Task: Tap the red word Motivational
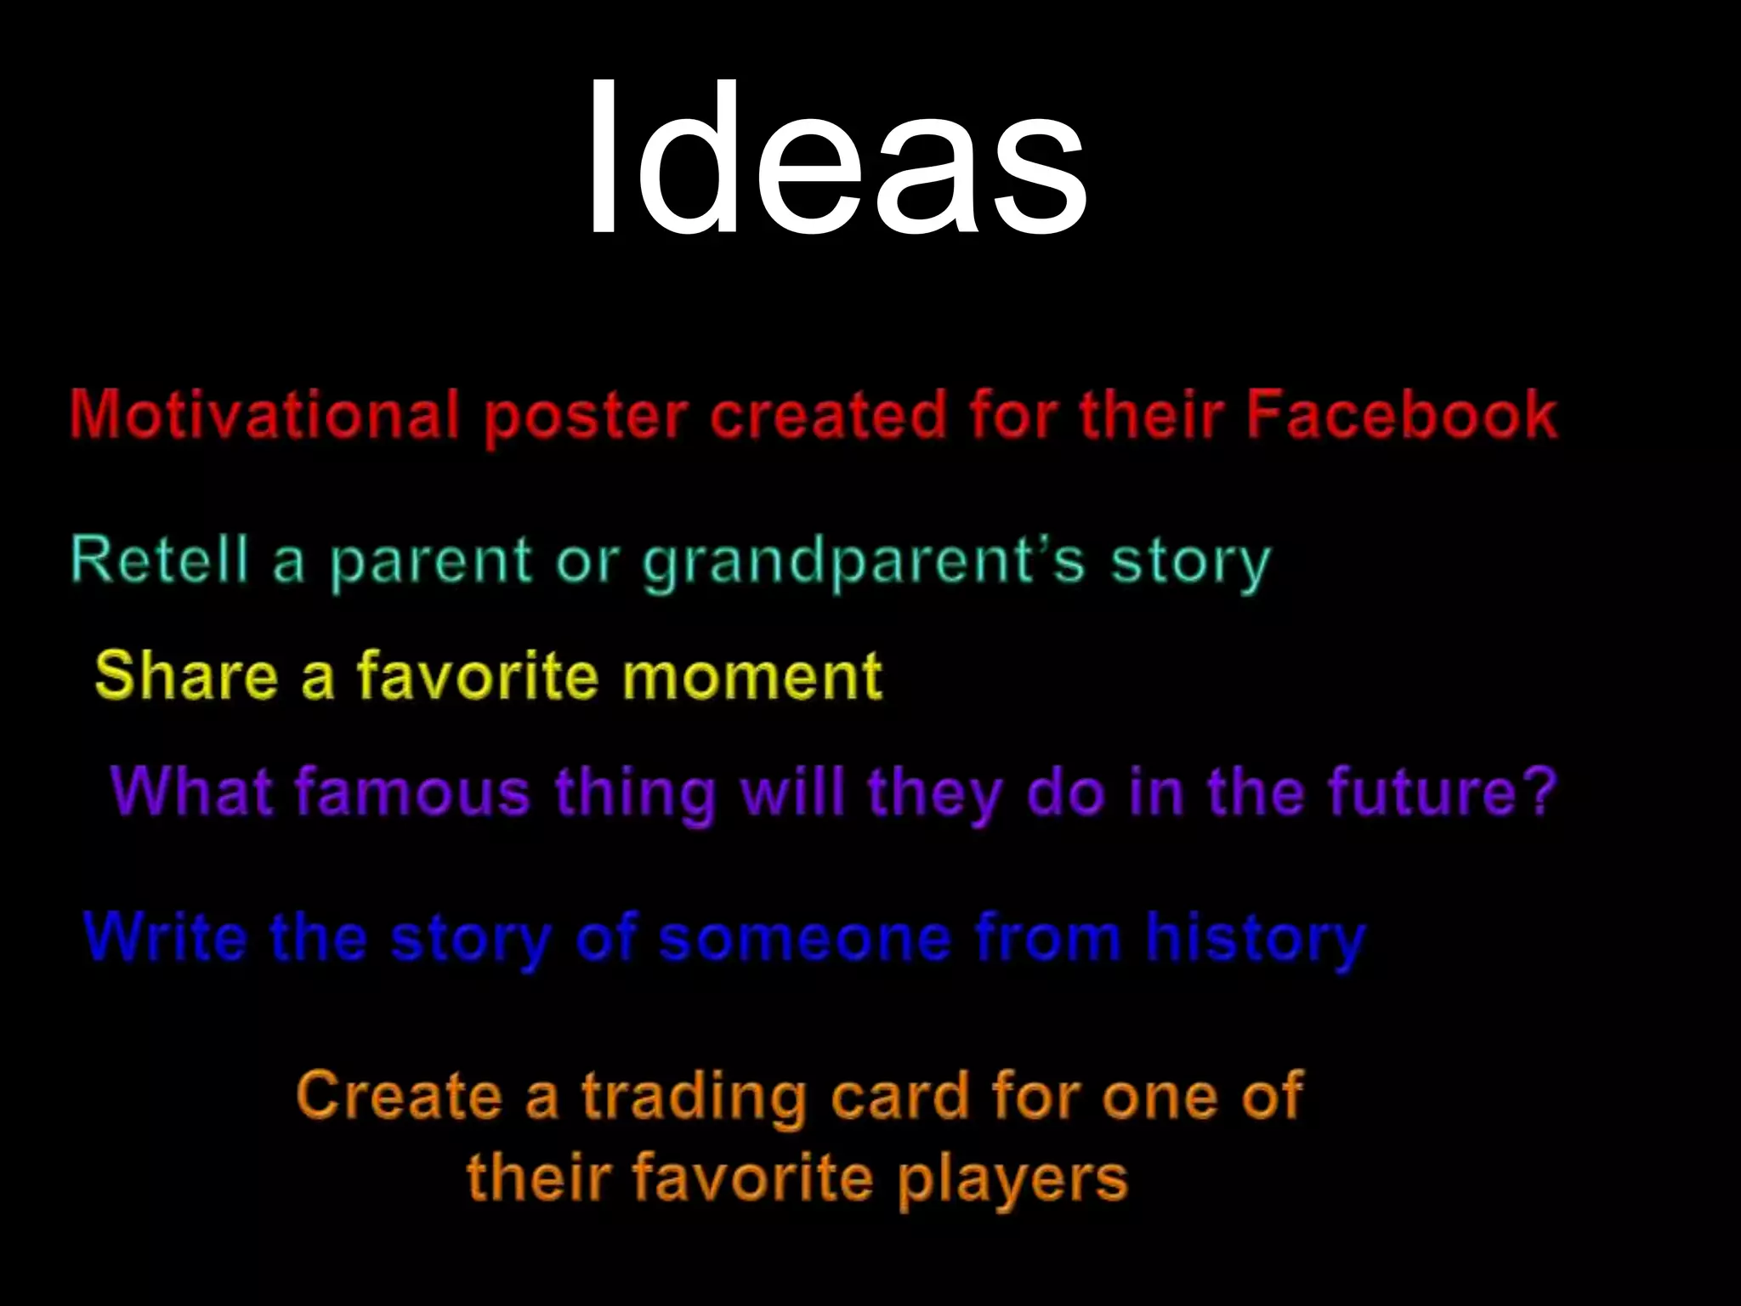(x=264, y=415)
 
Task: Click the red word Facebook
(x=1402, y=415)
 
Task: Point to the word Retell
(x=160, y=559)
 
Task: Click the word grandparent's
(x=864, y=563)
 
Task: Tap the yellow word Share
(x=186, y=675)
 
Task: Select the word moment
(x=751, y=677)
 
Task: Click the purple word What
(x=190, y=792)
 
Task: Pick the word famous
(x=412, y=792)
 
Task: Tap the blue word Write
(x=167, y=937)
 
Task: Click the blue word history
(x=1256, y=940)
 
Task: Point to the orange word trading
(x=694, y=1097)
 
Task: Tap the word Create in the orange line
(x=400, y=1095)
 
